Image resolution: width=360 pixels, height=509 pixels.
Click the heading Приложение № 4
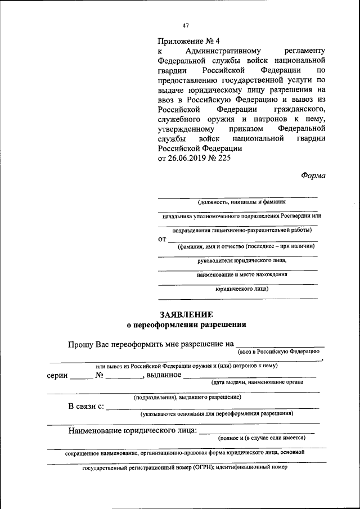(188, 41)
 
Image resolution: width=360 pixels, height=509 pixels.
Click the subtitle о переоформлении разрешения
(186, 325)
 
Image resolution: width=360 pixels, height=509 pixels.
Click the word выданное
(164, 375)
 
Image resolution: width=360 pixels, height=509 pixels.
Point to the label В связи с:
(86, 406)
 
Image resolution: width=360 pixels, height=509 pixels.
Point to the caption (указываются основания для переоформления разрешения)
(217, 413)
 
